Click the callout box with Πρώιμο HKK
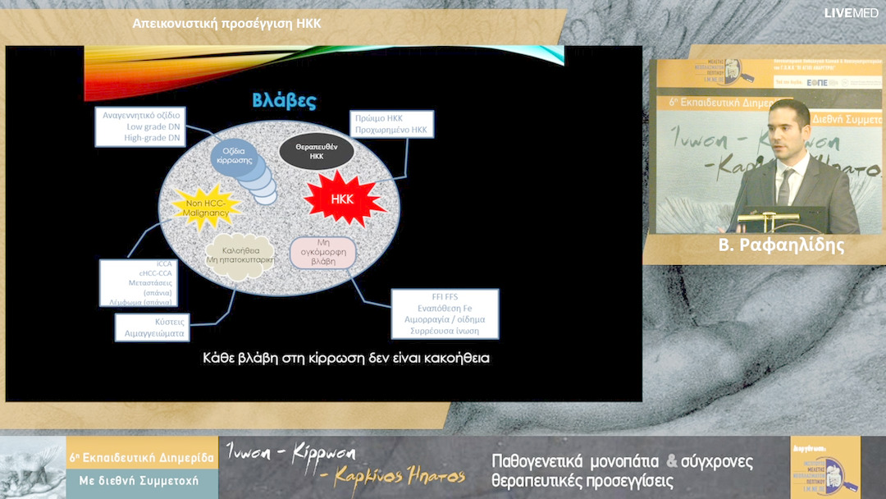pos(390,124)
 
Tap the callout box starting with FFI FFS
pos(443,313)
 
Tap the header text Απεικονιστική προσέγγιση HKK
pos(226,23)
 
